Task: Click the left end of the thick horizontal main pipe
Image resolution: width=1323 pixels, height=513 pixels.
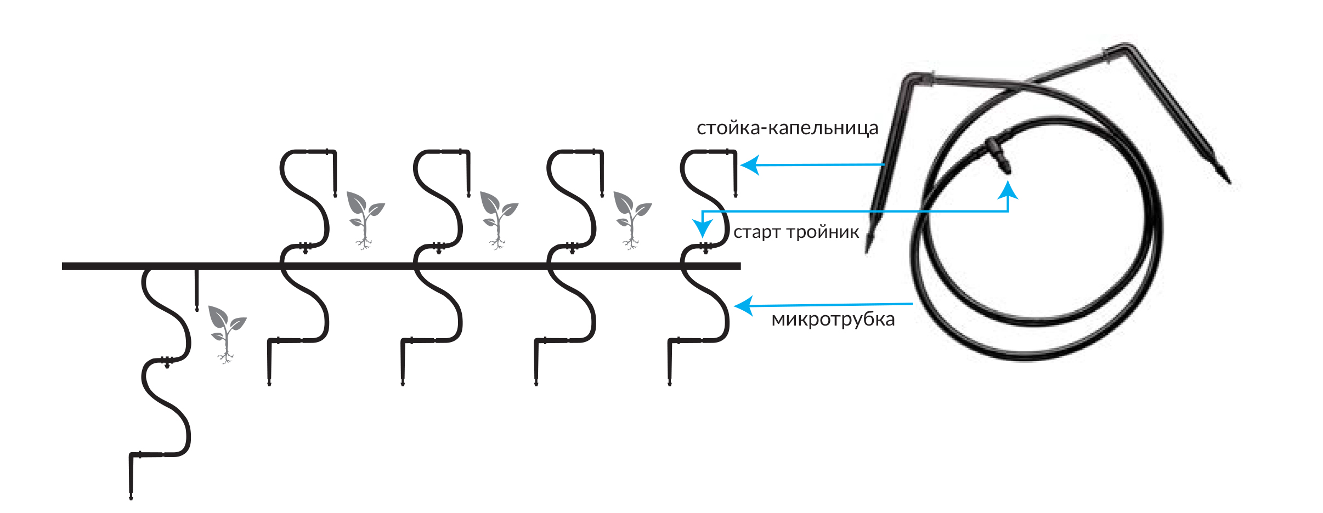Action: pos(63,266)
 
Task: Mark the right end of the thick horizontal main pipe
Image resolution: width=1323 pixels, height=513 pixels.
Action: pos(740,266)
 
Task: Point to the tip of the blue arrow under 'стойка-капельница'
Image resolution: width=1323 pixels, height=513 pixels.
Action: pos(741,164)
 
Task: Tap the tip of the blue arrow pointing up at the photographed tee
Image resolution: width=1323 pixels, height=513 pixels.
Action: pos(1008,182)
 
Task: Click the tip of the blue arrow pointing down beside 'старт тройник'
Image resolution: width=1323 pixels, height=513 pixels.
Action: pos(702,237)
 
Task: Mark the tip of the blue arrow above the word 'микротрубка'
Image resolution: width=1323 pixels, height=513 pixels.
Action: pos(734,306)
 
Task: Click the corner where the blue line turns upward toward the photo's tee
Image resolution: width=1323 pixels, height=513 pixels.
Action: pos(1008,211)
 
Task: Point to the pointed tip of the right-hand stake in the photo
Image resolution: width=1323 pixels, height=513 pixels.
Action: pos(1230,183)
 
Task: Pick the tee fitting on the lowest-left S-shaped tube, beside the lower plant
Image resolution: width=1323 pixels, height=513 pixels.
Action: pos(167,361)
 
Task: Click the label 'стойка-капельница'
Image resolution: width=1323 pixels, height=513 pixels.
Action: pos(787,128)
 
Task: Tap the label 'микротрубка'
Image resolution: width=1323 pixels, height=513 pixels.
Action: pos(833,319)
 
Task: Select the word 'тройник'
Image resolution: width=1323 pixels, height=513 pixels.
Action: pos(823,232)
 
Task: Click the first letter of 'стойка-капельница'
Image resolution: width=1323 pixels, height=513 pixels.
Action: pos(702,129)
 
